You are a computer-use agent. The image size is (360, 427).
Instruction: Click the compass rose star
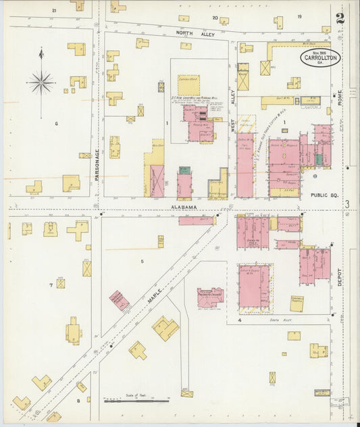[41, 83]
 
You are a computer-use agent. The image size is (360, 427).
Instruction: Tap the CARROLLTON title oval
[321, 57]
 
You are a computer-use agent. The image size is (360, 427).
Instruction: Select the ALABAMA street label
[183, 207]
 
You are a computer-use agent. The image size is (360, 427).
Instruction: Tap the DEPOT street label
[340, 277]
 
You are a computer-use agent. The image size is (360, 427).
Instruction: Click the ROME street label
[340, 97]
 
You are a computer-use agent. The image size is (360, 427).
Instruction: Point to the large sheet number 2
[340, 18]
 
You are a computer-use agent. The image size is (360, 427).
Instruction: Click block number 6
[57, 123]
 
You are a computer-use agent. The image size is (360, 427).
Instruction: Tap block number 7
[51, 285]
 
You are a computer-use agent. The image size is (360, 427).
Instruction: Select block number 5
[142, 261]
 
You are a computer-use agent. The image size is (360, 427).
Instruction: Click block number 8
[78, 401]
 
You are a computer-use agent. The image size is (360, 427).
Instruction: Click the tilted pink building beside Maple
[120, 301]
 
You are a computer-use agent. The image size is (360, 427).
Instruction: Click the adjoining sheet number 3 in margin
[347, 204]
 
